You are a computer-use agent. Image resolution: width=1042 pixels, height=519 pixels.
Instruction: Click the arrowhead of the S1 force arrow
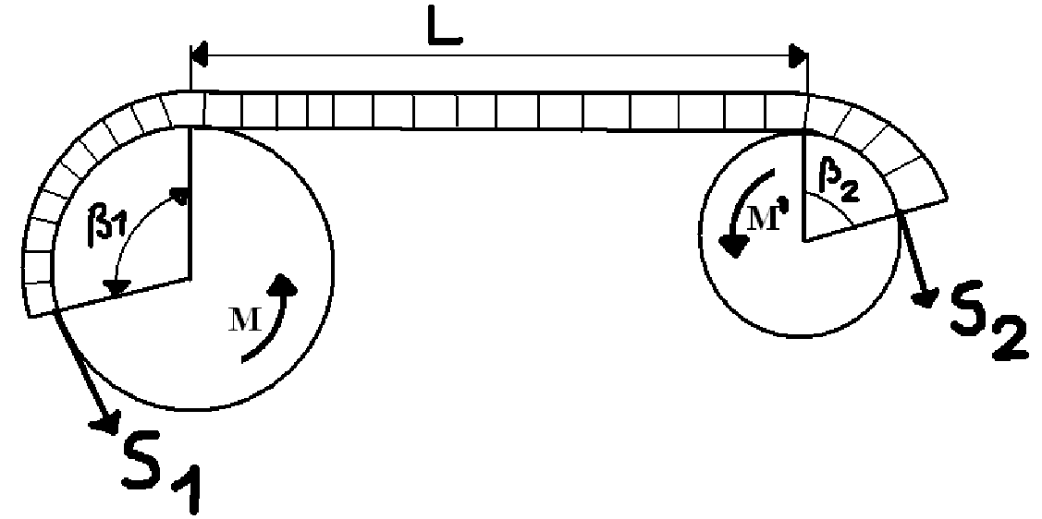coord(104,423)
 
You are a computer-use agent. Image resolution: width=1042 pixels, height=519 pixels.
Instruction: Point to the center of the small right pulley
coord(803,241)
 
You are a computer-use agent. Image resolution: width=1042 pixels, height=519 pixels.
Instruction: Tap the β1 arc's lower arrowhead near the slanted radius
coord(116,287)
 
